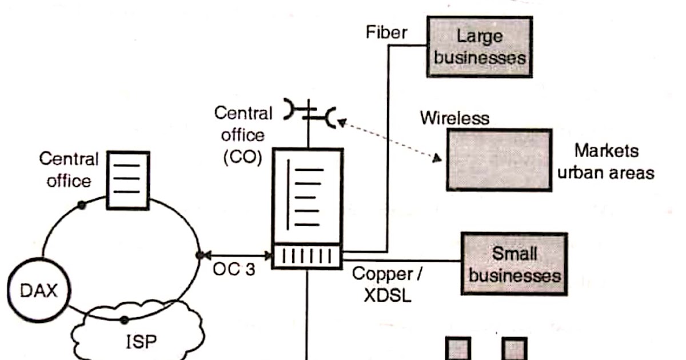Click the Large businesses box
click(480, 47)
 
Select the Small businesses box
click(514, 263)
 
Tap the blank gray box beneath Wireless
click(499, 159)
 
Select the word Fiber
click(386, 32)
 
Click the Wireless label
click(455, 118)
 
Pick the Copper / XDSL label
click(387, 285)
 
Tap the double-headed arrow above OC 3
click(235, 255)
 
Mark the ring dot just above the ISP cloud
click(123, 319)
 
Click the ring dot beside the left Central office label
click(82, 205)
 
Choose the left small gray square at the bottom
click(458, 349)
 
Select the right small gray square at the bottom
click(514, 349)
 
